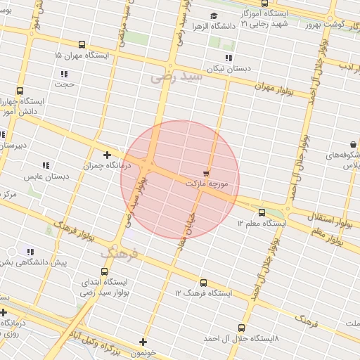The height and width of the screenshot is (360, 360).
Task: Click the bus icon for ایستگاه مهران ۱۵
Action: (83, 44)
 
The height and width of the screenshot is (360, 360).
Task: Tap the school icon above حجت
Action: (64, 74)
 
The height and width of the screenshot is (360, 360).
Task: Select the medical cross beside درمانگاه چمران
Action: (107, 155)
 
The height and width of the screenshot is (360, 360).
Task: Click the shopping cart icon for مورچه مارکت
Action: (206, 172)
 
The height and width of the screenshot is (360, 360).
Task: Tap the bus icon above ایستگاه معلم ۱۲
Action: (262, 212)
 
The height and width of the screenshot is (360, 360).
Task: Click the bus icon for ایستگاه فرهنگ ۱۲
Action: (204, 283)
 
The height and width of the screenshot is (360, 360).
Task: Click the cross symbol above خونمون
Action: (143, 342)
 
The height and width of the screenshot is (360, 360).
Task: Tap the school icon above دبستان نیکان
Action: (229, 58)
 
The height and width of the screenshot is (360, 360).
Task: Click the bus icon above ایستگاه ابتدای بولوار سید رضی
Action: (105, 270)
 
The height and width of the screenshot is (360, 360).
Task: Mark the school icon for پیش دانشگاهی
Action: (30, 252)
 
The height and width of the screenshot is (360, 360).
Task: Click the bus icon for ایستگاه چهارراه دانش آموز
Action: (19, 91)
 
